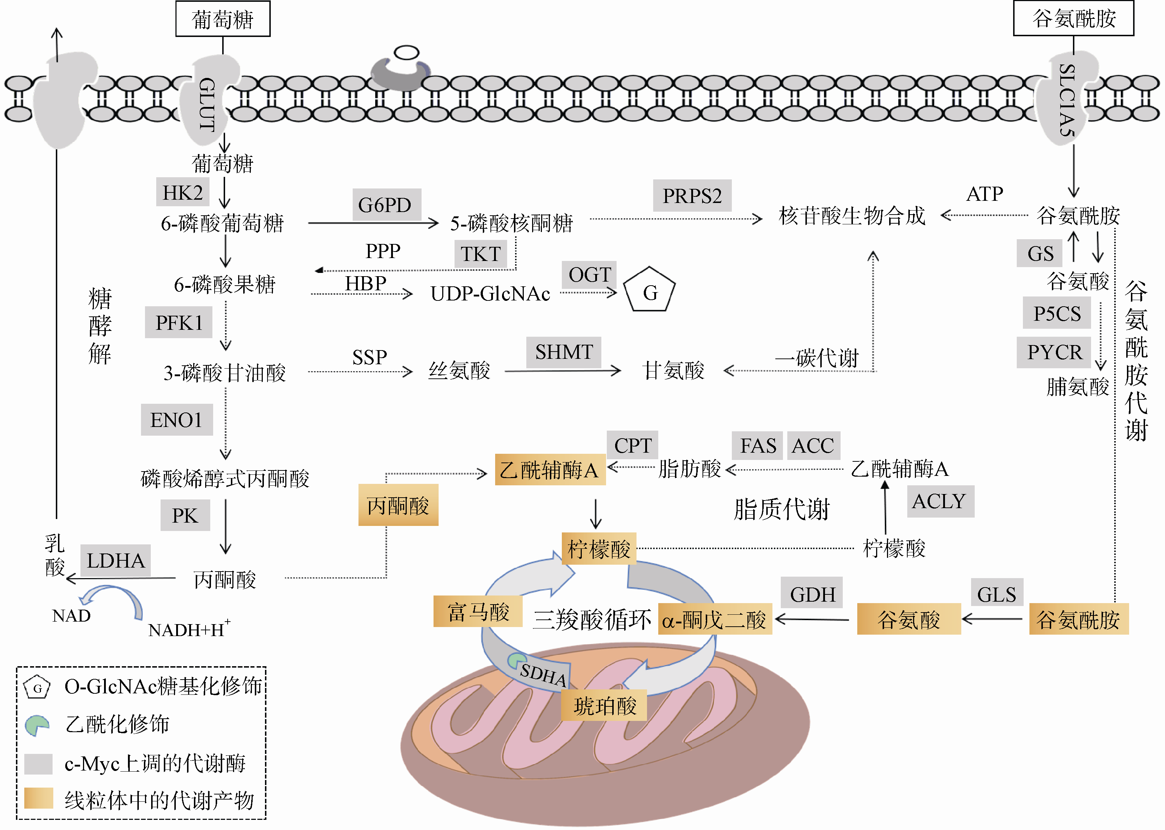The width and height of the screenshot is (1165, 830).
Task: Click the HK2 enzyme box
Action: tap(182, 193)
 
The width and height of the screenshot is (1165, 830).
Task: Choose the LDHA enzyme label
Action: tap(116, 561)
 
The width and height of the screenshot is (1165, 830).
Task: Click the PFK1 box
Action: tap(178, 323)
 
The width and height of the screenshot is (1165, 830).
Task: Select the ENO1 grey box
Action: tap(177, 420)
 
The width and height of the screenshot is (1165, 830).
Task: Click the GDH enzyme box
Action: tap(812, 594)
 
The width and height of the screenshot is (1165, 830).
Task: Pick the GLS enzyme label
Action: tap(996, 594)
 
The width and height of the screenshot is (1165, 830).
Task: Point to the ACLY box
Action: tap(940, 501)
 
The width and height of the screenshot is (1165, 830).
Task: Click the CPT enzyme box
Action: tap(633, 445)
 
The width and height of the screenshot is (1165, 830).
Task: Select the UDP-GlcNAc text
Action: tap(490, 294)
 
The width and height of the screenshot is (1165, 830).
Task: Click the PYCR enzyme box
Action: tap(1054, 352)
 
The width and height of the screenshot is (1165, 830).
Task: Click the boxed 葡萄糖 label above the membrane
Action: tap(223, 20)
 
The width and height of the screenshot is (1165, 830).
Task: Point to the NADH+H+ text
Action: tap(188, 629)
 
